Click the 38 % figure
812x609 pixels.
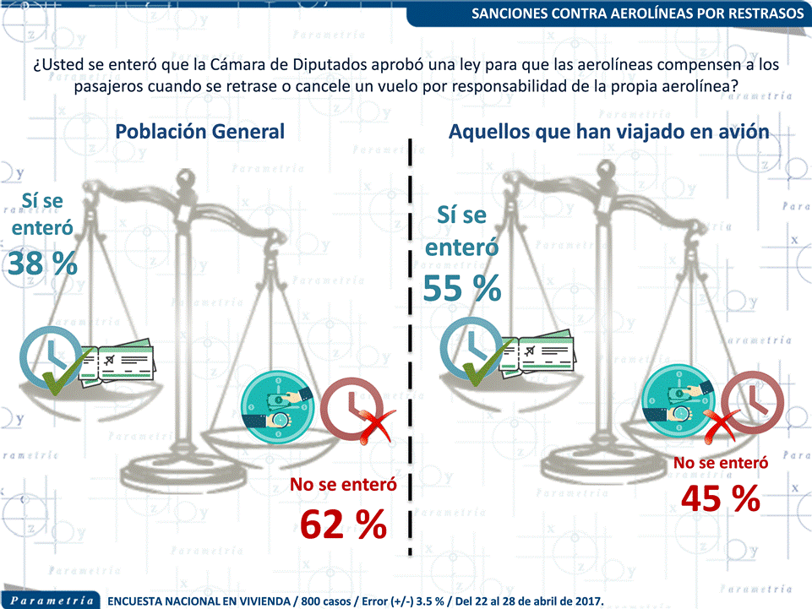click(x=42, y=263)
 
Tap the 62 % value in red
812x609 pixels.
click(x=343, y=524)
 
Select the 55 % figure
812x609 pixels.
click(x=462, y=288)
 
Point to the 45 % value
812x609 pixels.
click(x=721, y=498)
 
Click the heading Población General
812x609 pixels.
click(x=200, y=132)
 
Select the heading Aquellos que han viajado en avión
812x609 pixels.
click(x=609, y=132)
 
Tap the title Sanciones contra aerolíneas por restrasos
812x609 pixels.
click(x=637, y=13)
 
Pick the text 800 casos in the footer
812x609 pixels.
click(x=326, y=601)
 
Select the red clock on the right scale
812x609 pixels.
click(x=753, y=402)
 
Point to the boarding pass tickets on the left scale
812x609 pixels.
click(x=117, y=362)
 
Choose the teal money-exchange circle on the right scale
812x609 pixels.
click(x=678, y=401)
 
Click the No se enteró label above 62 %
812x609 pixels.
click(x=343, y=484)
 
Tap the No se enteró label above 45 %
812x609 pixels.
click(x=721, y=462)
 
